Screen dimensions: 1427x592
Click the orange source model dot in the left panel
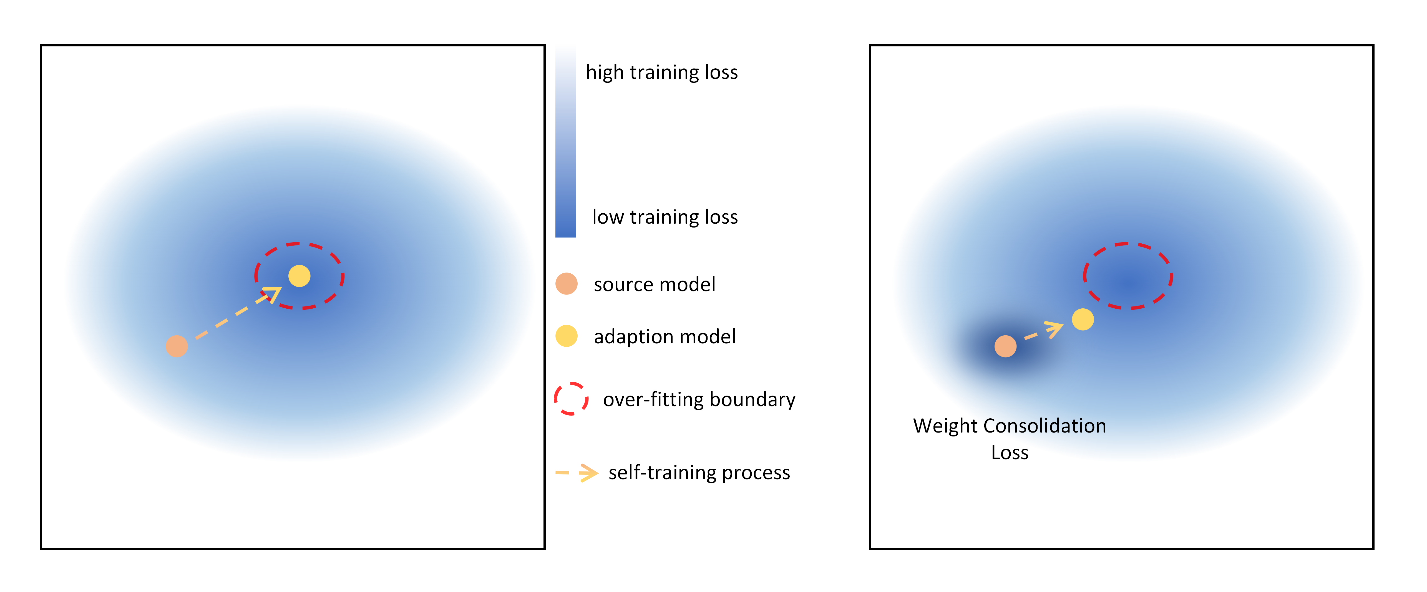(x=177, y=346)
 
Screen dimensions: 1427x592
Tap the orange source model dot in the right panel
(x=1005, y=346)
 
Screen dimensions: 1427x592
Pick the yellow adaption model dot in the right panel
(x=1083, y=319)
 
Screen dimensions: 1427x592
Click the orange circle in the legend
(x=566, y=284)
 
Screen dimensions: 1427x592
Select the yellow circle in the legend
(x=566, y=336)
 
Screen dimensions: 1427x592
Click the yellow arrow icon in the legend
(x=577, y=473)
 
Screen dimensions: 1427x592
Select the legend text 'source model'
(x=654, y=284)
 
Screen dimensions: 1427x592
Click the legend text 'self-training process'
(x=699, y=473)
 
